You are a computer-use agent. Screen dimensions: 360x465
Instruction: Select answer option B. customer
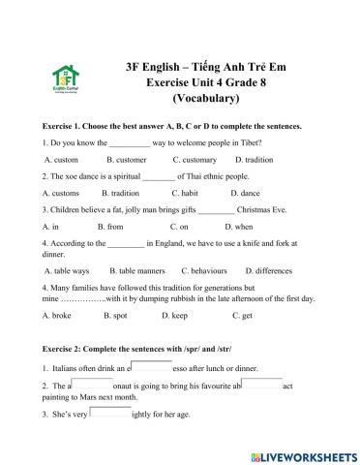click(x=126, y=159)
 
